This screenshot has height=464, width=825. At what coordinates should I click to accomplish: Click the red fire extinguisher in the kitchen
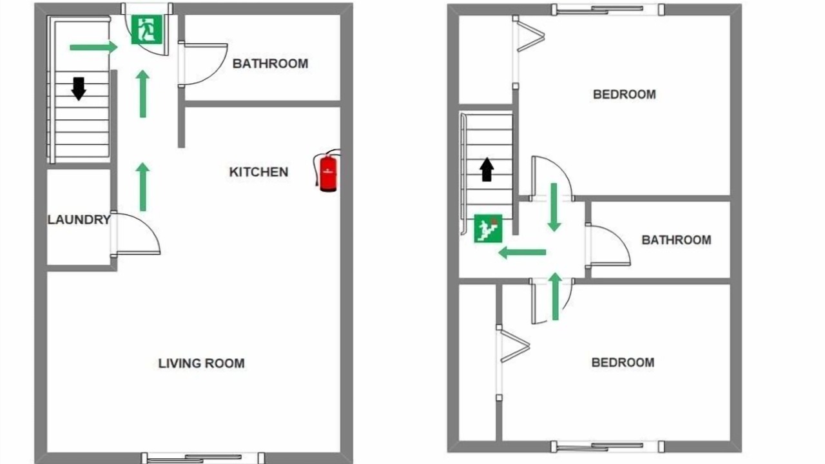point(328,171)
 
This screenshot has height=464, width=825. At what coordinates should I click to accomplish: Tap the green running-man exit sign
point(147,30)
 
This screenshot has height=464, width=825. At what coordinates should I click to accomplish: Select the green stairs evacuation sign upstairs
point(488,228)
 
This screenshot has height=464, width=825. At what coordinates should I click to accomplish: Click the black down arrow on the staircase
point(79,89)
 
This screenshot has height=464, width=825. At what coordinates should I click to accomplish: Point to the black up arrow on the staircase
point(487,169)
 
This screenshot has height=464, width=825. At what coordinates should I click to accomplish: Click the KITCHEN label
point(258,172)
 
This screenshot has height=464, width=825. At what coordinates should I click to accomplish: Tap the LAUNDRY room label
point(79,220)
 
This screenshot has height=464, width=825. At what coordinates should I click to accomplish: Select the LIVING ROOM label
point(202,363)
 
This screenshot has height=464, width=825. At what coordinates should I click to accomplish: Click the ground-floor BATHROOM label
point(270,64)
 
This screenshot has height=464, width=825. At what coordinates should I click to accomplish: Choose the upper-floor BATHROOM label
point(676,240)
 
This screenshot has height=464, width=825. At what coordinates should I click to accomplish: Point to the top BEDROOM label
point(625,95)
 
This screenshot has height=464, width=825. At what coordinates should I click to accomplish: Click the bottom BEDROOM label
point(623,363)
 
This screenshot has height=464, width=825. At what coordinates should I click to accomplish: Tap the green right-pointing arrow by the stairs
point(93,47)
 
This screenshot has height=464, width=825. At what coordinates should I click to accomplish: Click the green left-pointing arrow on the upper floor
point(522,253)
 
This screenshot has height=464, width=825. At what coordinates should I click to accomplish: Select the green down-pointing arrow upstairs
point(554,208)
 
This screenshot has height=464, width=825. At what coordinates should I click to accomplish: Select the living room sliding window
point(203,458)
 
